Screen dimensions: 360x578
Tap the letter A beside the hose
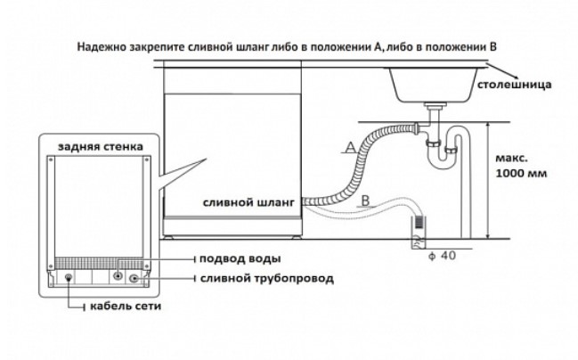click(350, 144)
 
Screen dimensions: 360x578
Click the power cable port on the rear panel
click(69, 278)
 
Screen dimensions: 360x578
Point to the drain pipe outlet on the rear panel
click(135, 279)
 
